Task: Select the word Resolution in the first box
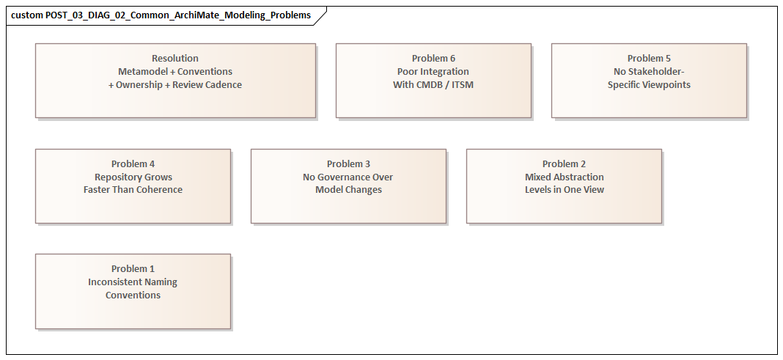(x=175, y=59)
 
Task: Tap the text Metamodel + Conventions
(x=175, y=72)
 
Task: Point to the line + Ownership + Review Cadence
(x=175, y=85)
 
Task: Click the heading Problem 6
(x=433, y=59)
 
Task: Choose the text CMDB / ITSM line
(x=433, y=85)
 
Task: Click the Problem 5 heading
(x=649, y=59)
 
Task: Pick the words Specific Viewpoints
(x=649, y=85)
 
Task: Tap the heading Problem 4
(x=133, y=164)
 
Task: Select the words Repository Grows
(x=133, y=177)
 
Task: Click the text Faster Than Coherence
(x=133, y=190)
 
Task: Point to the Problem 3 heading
(x=348, y=164)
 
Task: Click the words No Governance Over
(x=348, y=177)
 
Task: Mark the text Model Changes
(x=348, y=190)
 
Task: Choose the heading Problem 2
(x=564, y=164)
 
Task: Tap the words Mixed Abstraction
(x=564, y=177)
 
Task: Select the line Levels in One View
(x=564, y=190)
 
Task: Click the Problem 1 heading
(x=133, y=269)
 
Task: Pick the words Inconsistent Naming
(x=133, y=282)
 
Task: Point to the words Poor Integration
(x=433, y=72)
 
